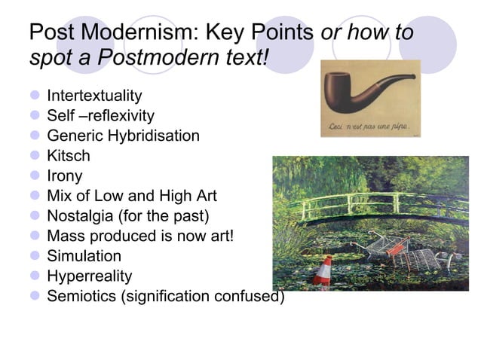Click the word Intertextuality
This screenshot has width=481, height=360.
(94, 96)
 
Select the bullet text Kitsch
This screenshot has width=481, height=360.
(68, 156)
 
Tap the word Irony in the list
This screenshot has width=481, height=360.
(65, 176)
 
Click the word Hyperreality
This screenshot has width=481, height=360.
(89, 276)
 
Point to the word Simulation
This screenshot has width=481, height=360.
(84, 256)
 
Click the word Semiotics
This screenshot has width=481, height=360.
(80, 296)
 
